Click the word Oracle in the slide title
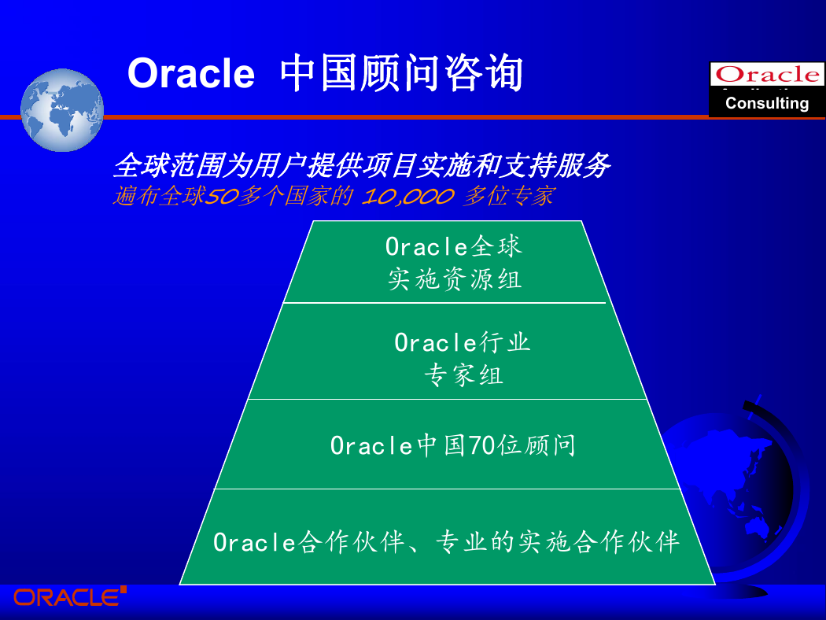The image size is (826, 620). pyautogui.click(x=191, y=73)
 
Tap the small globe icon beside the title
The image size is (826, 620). pyautogui.click(x=62, y=110)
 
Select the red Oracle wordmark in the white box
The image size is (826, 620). pyautogui.click(x=768, y=74)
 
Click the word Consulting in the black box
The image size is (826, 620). pyautogui.click(x=767, y=103)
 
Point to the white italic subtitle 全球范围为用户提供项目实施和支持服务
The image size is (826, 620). pyautogui.click(x=362, y=165)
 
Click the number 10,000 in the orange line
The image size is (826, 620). pyautogui.click(x=407, y=197)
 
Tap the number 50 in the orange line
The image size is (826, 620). pyautogui.click(x=221, y=197)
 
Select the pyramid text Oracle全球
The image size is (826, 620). pyautogui.click(x=454, y=246)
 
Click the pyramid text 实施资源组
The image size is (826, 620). pyautogui.click(x=455, y=279)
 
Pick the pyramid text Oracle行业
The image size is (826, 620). pyautogui.click(x=462, y=343)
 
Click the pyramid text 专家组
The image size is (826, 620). pyautogui.click(x=463, y=375)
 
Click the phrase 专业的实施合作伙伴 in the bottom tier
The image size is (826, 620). pyautogui.click(x=558, y=542)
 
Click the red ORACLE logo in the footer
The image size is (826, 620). pyautogui.click(x=70, y=597)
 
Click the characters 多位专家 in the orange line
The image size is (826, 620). pyautogui.click(x=509, y=197)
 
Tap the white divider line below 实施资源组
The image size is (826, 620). pyautogui.click(x=444, y=303)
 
